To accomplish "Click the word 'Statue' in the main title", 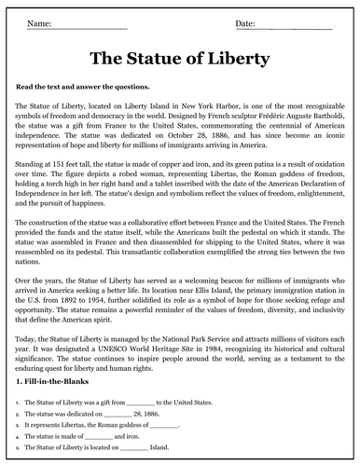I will tap(179, 59).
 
